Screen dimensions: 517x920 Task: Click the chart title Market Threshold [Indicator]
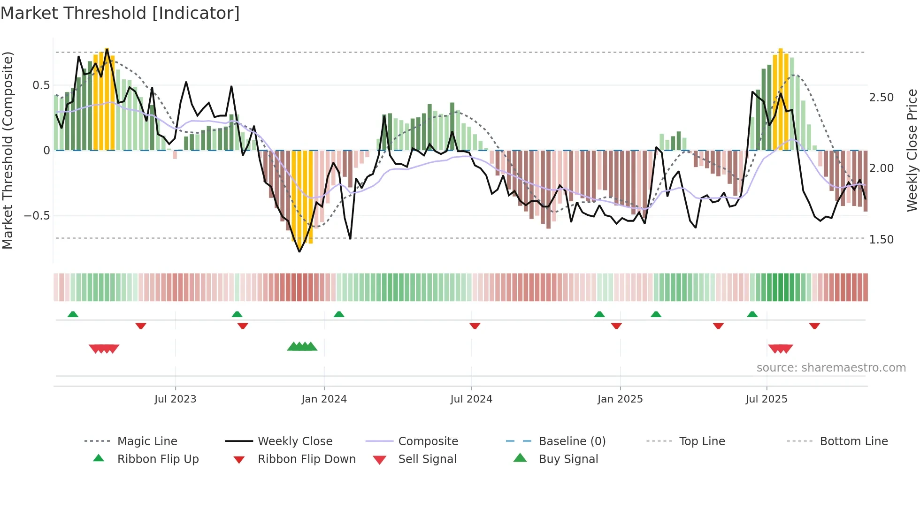(120, 13)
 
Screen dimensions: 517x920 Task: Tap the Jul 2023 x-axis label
(175, 399)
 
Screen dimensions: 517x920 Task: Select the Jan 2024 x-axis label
(324, 399)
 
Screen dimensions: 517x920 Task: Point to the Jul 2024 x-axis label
(471, 399)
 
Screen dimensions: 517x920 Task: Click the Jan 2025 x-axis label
(620, 399)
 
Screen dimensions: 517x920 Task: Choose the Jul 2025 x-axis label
(767, 399)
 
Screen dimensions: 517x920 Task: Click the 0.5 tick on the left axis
(41, 85)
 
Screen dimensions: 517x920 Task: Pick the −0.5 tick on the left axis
(37, 216)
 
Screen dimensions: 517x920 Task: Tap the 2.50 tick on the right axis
(882, 98)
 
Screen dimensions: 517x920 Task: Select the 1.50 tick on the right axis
(882, 240)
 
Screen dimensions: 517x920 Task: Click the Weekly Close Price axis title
(912, 150)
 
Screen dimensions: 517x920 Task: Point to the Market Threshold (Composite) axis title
(8, 150)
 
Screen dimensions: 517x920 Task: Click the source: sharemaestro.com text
(831, 368)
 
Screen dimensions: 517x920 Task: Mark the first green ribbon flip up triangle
(73, 314)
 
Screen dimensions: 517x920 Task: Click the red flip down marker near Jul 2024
(475, 326)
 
